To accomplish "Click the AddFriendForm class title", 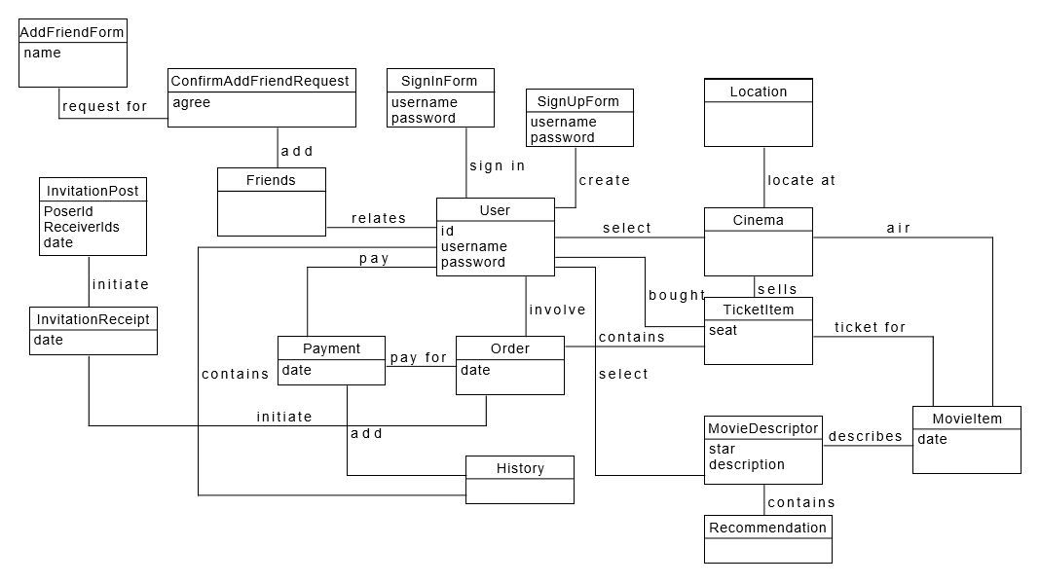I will pyautogui.click(x=73, y=32).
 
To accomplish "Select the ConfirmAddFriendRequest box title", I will pyautogui.click(x=260, y=81).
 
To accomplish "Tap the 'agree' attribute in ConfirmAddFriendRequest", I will pyautogui.click(x=192, y=102).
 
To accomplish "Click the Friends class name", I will pyautogui.click(x=271, y=180).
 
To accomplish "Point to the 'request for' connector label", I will pyautogui.click(x=104, y=106).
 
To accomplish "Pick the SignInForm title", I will pyautogui.click(x=440, y=81).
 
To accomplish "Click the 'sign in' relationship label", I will pyautogui.click(x=497, y=165).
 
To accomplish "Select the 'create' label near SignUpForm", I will pyautogui.click(x=604, y=180).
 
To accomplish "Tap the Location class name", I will pyautogui.click(x=758, y=91).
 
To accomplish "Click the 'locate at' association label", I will pyautogui.click(x=800, y=180).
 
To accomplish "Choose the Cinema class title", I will pyautogui.click(x=758, y=220).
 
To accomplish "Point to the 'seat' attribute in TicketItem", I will pyautogui.click(x=724, y=330).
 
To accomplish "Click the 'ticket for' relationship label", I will pyautogui.click(x=870, y=327).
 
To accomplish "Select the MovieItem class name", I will pyautogui.click(x=966, y=419).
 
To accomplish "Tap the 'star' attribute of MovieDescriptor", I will pyautogui.click(x=722, y=450).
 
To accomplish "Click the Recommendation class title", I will pyautogui.click(x=767, y=528).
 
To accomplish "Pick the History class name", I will pyautogui.click(x=520, y=468).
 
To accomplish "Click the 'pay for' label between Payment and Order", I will pyautogui.click(x=418, y=357).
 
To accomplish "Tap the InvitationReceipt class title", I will pyautogui.click(x=93, y=318).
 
